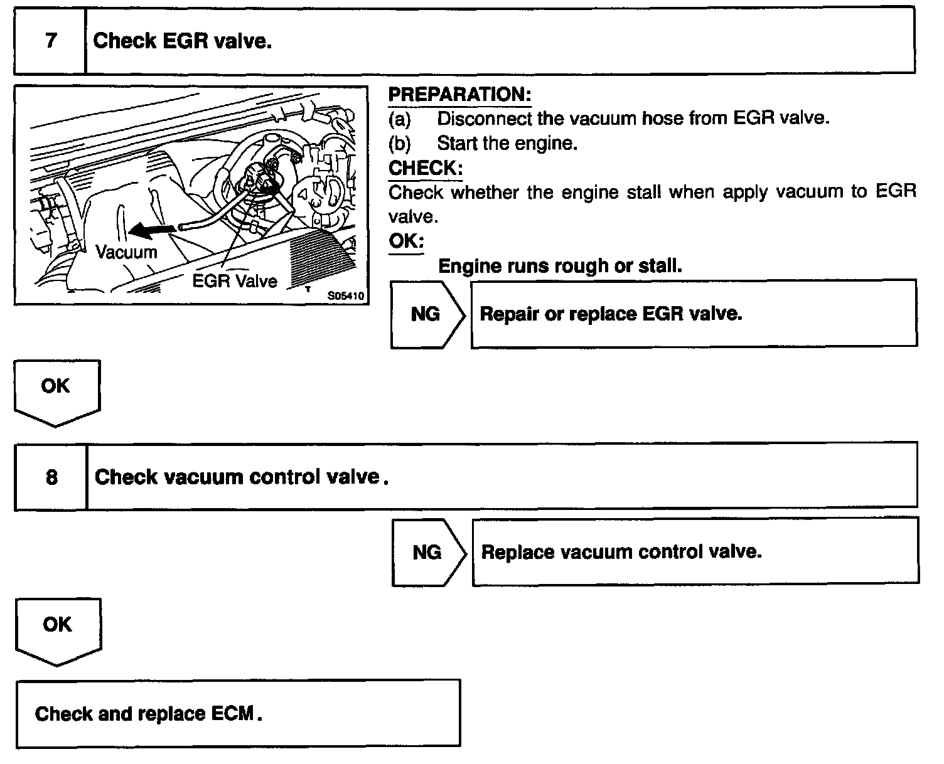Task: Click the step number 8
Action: pyautogui.click(x=51, y=477)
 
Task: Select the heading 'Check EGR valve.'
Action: pyautogui.click(x=182, y=41)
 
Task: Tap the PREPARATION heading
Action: pyautogui.click(x=459, y=95)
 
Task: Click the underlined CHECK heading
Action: pyautogui.click(x=425, y=168)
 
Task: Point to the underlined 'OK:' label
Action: pyautogui.click(x=406, y=241)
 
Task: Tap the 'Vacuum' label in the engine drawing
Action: pyautogui.click(x=126, y=252)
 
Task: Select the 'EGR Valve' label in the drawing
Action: pyautogui.click(x=234, y=280)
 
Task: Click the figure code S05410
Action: pyautogui.click(x=346, y=295)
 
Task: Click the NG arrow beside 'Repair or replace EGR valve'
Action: pyautogui.click(x=427, y=314)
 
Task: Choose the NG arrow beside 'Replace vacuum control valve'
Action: pyautogui.click(x=428, y=552)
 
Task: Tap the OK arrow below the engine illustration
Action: pyautogui.click(x=56, y=389)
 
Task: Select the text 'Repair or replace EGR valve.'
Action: pyautogui.click(x=611, y=314)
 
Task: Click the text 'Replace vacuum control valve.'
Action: pyautogui.click(x=621, y=552)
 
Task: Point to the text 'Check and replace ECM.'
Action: pyautogui.click(x=148, y=714)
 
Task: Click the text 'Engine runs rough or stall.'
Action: pyautogui.click(x=560, y=266)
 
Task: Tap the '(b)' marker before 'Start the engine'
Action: pyautogui.click(x=400, y=144)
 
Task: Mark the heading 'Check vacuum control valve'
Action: pyautogui.click(x=241, y=477)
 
